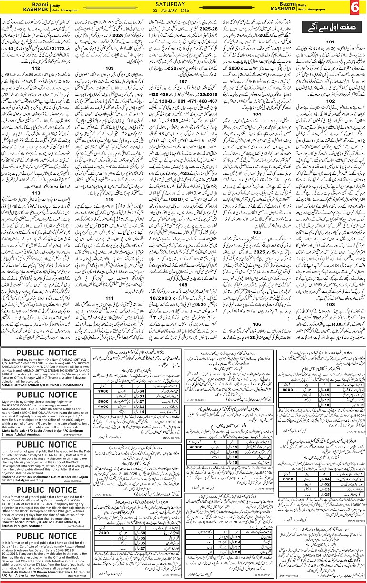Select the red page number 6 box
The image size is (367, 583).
click(x=357, y=8)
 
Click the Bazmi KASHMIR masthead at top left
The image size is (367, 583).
click(x=20, y=8)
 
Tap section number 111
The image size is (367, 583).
click(x=110, y=298)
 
